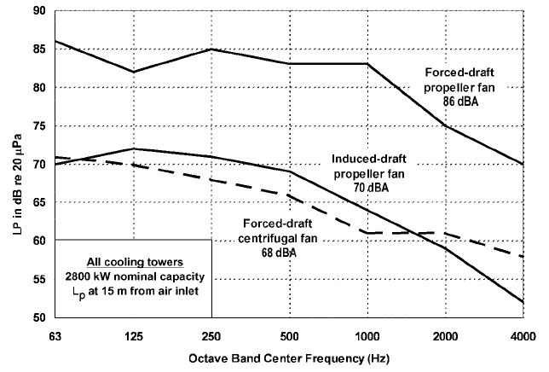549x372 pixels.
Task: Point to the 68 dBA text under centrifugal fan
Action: [x=271, y=253]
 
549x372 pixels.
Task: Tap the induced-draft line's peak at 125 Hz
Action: [x=133, y=148]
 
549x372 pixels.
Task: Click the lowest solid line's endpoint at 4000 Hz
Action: [x=523, y=302]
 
